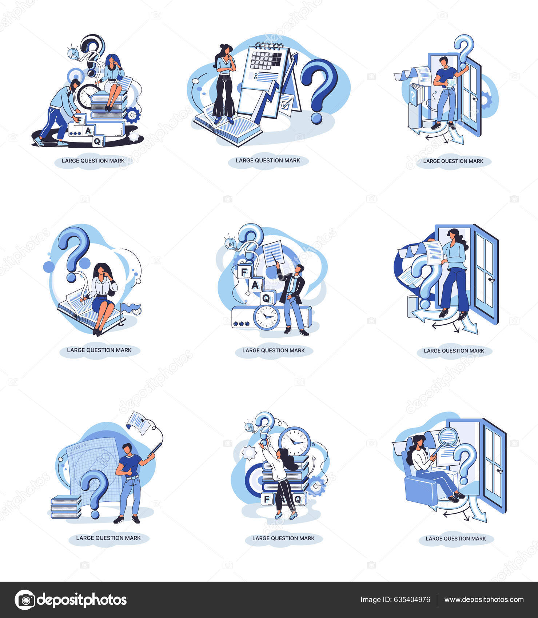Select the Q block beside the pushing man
coord(98,140)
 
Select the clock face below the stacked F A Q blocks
coord(266,317)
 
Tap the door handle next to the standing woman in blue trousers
coord(491,280)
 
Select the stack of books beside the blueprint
coord(66,506)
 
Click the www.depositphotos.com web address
coord(484,600)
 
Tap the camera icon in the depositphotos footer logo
coord(25,600)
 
